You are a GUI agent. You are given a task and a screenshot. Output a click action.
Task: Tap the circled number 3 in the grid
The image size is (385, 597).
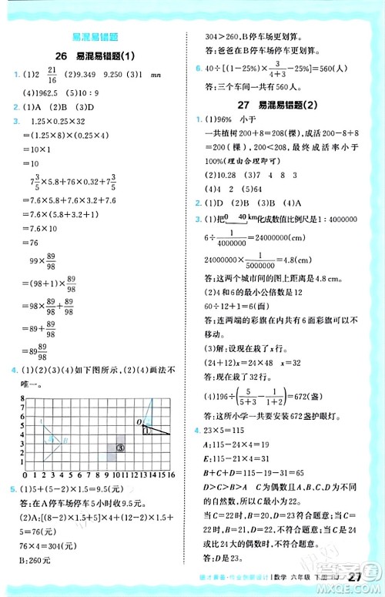point(121,446)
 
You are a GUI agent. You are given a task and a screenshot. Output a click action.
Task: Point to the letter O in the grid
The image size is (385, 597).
point(139,421)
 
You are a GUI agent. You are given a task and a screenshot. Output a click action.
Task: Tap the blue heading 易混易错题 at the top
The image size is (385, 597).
point(93,38)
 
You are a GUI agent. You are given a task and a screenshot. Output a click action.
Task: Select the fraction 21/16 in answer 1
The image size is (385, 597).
point(50,75)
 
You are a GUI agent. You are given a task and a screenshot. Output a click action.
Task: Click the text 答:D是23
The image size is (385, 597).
point(216,558)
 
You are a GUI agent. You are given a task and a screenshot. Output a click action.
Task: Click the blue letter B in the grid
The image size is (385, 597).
point(65,439)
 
